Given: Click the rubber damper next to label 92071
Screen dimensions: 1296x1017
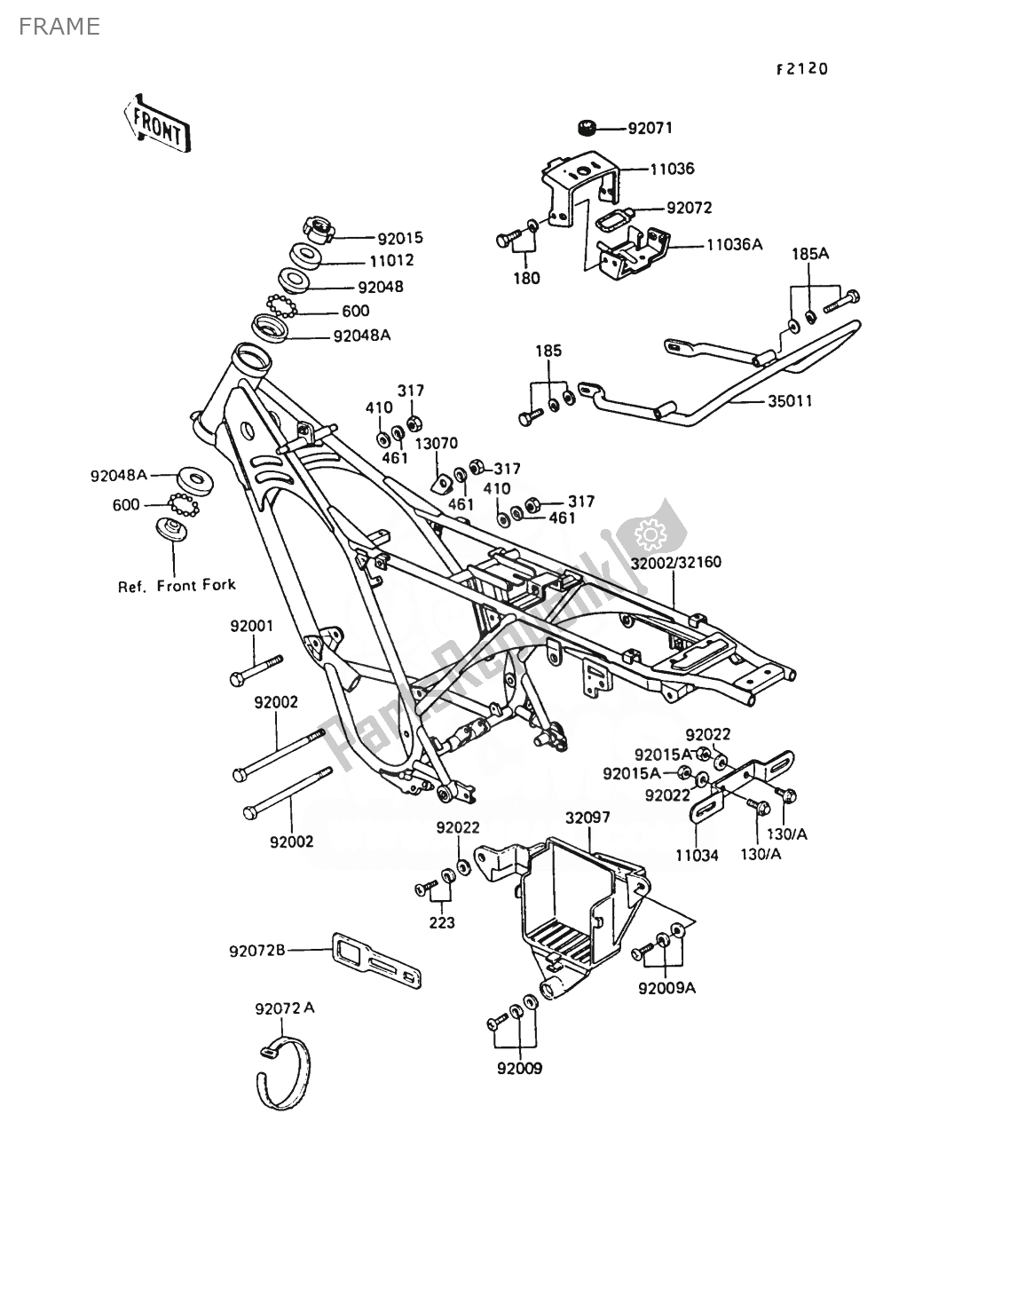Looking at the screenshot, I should [586, 129].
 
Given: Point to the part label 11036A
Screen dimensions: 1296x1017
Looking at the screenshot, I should [734, 244].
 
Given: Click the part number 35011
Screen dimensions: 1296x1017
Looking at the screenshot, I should [788, 401].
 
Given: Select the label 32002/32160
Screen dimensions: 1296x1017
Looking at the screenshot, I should [676, 563].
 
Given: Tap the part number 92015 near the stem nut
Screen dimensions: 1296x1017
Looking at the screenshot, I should [400, 238].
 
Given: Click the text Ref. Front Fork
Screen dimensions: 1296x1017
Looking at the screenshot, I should [177, 585].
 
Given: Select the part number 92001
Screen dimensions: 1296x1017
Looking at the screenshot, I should [252, 626].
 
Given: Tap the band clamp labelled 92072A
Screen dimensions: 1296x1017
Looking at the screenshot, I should [284, 1074].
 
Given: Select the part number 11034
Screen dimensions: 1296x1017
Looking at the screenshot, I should [694, 856].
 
